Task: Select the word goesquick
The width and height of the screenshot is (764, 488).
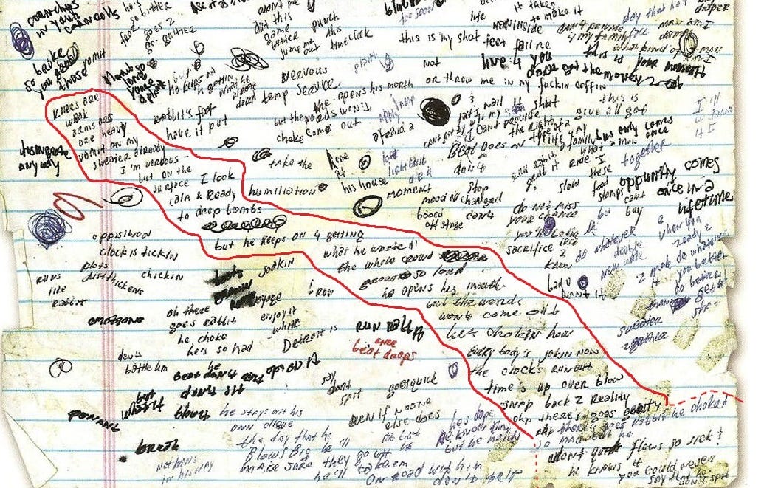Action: [419, 382]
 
